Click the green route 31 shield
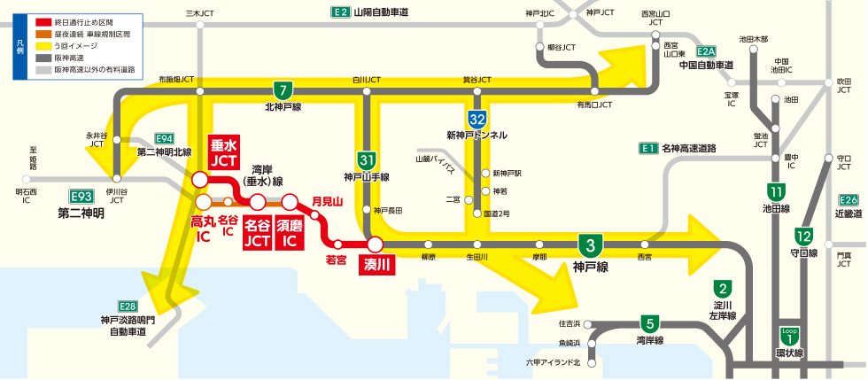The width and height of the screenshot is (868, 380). tap(367, 160)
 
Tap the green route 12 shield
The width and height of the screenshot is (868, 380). tap(803, 237)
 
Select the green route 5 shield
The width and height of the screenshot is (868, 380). tap(651, 323)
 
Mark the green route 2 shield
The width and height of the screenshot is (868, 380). tap(724, 288)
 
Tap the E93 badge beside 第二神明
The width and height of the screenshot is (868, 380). tap(81, 197)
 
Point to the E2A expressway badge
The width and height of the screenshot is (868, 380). tap(706, 52)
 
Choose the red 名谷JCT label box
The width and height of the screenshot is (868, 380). tap(257, 232)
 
